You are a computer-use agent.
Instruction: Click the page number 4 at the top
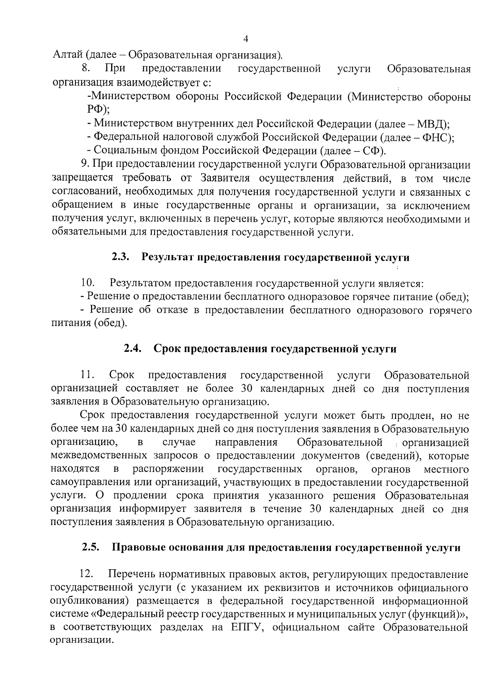(x=246, y=39)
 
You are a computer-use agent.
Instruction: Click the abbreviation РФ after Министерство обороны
(x=95, y=109)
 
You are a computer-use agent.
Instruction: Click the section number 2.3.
(x=121, y=257)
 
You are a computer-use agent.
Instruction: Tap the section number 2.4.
(x=133, y=349)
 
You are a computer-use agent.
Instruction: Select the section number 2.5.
(x=91, y=548)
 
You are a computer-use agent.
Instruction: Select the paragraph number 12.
(x=88, y=574)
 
